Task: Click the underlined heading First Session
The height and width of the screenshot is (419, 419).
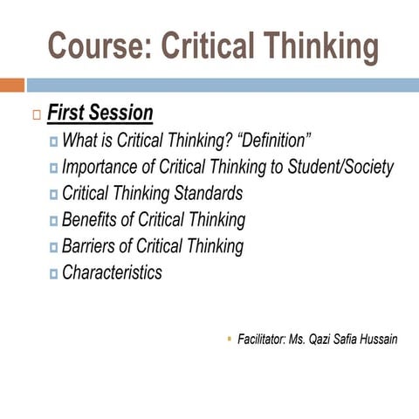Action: (x=100, y=113)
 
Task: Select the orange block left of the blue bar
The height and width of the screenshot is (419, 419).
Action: (x=11, y=85)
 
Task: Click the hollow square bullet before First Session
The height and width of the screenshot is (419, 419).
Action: (x=35, y=114)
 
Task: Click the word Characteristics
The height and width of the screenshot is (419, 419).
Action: (x=112, y=272)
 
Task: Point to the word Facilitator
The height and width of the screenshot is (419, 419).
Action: (x=261, y=339)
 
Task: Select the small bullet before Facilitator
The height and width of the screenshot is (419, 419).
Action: (x=229, y=337)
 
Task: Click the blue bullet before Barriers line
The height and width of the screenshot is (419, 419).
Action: (x=54, y=247)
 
